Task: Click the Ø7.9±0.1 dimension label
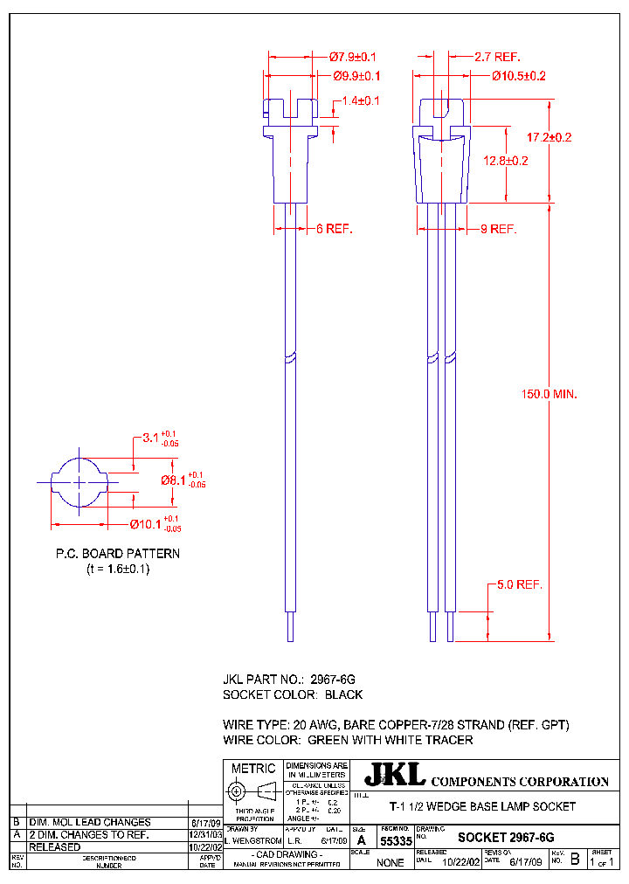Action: (x=354, y=57)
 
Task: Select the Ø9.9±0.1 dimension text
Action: (x=356, y=76)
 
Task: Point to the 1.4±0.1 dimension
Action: (x=361, y=101)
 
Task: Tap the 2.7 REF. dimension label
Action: (x=498, y=57)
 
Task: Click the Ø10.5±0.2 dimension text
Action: (x=518, y=76)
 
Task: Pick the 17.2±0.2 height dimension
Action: (x=549, y=138)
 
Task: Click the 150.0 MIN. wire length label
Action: (x=549, y=395)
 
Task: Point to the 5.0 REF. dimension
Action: (x=520, y=584)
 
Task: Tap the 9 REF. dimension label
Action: (x=500, y=229)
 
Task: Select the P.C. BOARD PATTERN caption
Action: (x=118, y=553)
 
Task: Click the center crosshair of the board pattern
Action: (x=79, y=481)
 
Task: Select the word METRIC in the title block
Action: (x=253, y=769)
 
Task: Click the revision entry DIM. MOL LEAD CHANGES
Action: (x=90, y=822)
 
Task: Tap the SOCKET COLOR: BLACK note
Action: (x=293, y=694)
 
